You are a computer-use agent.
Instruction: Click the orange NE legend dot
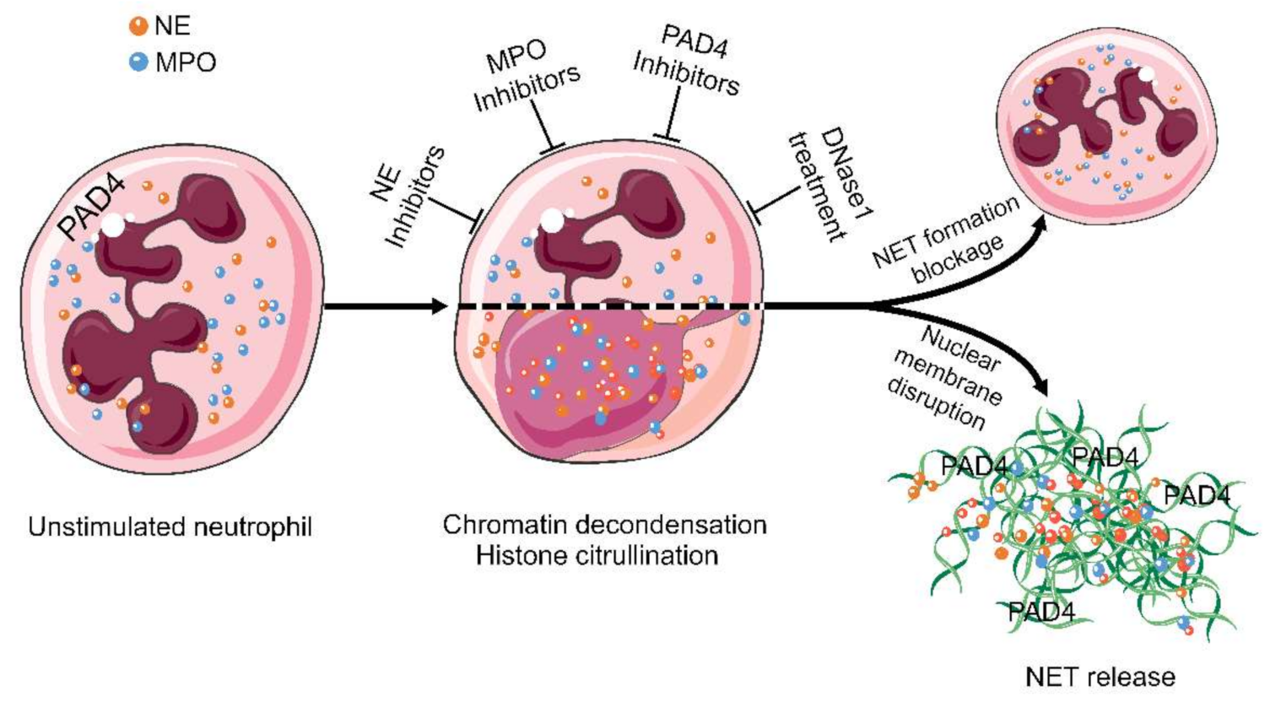coord(138,26)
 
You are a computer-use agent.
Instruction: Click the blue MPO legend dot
coord(138,62)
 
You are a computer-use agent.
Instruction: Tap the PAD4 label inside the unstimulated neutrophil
coord(93,206)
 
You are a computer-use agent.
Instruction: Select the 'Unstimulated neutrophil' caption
coord(170,527)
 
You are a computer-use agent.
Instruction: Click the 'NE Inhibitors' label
coord(407,197)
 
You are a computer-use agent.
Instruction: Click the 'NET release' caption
coord(1100,677)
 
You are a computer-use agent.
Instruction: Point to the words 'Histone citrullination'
coord(597,556)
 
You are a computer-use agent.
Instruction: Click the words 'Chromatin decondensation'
coord(604,524)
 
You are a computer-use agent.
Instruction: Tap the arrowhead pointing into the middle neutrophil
coord(438,306)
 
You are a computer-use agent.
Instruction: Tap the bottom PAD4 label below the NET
coord(1041,611)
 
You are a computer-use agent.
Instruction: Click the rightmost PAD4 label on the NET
coord(1196,495)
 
